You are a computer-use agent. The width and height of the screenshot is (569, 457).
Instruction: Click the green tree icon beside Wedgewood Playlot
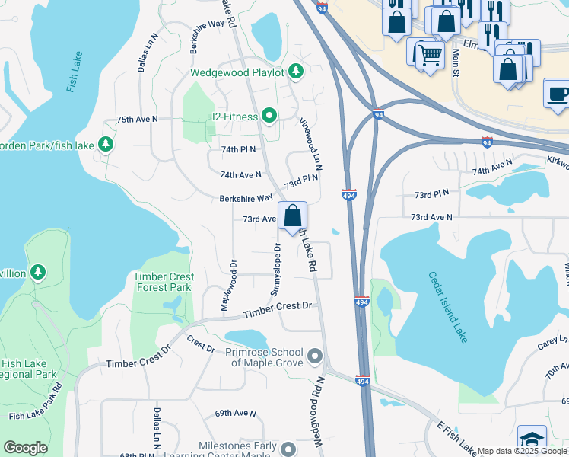pos(295,72)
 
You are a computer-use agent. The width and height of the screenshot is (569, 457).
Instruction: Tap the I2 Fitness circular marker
pos(268,116)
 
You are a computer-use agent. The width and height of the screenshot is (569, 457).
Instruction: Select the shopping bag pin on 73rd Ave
pos(292,216)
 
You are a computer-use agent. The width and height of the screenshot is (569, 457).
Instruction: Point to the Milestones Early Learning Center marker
pos(288,449)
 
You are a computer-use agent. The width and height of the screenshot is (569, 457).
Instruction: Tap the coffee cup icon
pos(558,94)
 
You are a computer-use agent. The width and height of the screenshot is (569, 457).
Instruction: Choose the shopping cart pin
pos(429,55)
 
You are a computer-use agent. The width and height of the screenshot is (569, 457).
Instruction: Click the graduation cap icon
pos(532,440)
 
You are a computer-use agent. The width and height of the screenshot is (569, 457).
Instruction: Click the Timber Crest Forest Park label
pos(164,282)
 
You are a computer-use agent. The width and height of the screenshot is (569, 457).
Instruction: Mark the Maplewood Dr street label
pos(226,285)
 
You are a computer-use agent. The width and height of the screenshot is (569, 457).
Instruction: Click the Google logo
pos(25,448)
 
